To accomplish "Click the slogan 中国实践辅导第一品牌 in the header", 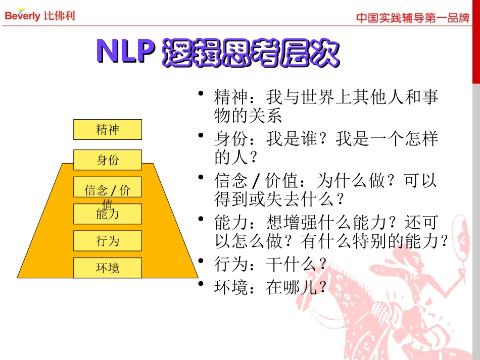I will coord(413,18).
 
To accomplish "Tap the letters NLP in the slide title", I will coord(125,52).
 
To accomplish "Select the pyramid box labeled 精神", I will coord(108,130).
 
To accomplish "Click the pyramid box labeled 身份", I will coord(108,160).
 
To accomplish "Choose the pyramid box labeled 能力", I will coord(108,214).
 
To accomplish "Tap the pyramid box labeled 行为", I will coord(108,241).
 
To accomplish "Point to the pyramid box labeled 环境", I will coord(108,268).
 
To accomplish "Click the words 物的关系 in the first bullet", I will coord(248,116).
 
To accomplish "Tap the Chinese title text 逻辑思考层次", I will coord(250,53).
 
